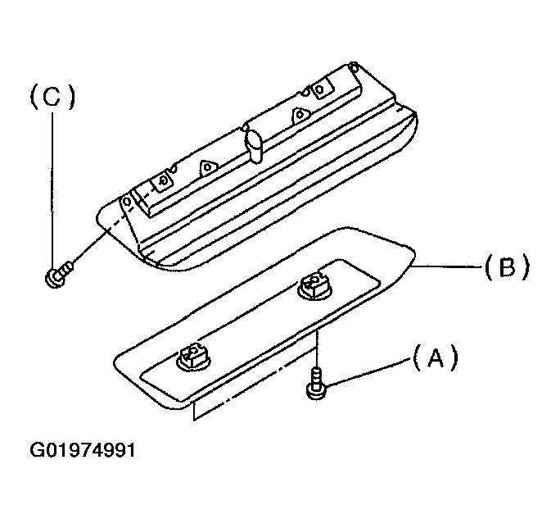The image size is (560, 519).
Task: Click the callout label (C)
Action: coord(53,98)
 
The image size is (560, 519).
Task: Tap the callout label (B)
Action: coord(507,266)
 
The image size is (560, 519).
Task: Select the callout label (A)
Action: coord(435,357)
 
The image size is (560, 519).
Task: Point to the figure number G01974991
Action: coord(83,450)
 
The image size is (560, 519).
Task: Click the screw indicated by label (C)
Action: coord(59,274)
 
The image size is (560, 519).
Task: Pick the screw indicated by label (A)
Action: coord(316,383)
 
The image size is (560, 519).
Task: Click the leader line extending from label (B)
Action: coord(446,266)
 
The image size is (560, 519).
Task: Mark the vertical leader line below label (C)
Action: coord(53,190)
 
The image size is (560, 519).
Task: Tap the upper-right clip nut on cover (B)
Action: coord(315,285)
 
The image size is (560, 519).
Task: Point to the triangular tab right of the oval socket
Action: coord(300,115)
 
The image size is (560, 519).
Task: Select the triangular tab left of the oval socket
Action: coord(208,167)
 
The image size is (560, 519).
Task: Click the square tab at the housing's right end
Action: coord(322,89)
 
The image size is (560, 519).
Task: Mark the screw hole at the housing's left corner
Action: coord(127,202)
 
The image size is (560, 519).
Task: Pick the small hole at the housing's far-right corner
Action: coord(353,66)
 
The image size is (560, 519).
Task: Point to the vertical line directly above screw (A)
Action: coord(317,348)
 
